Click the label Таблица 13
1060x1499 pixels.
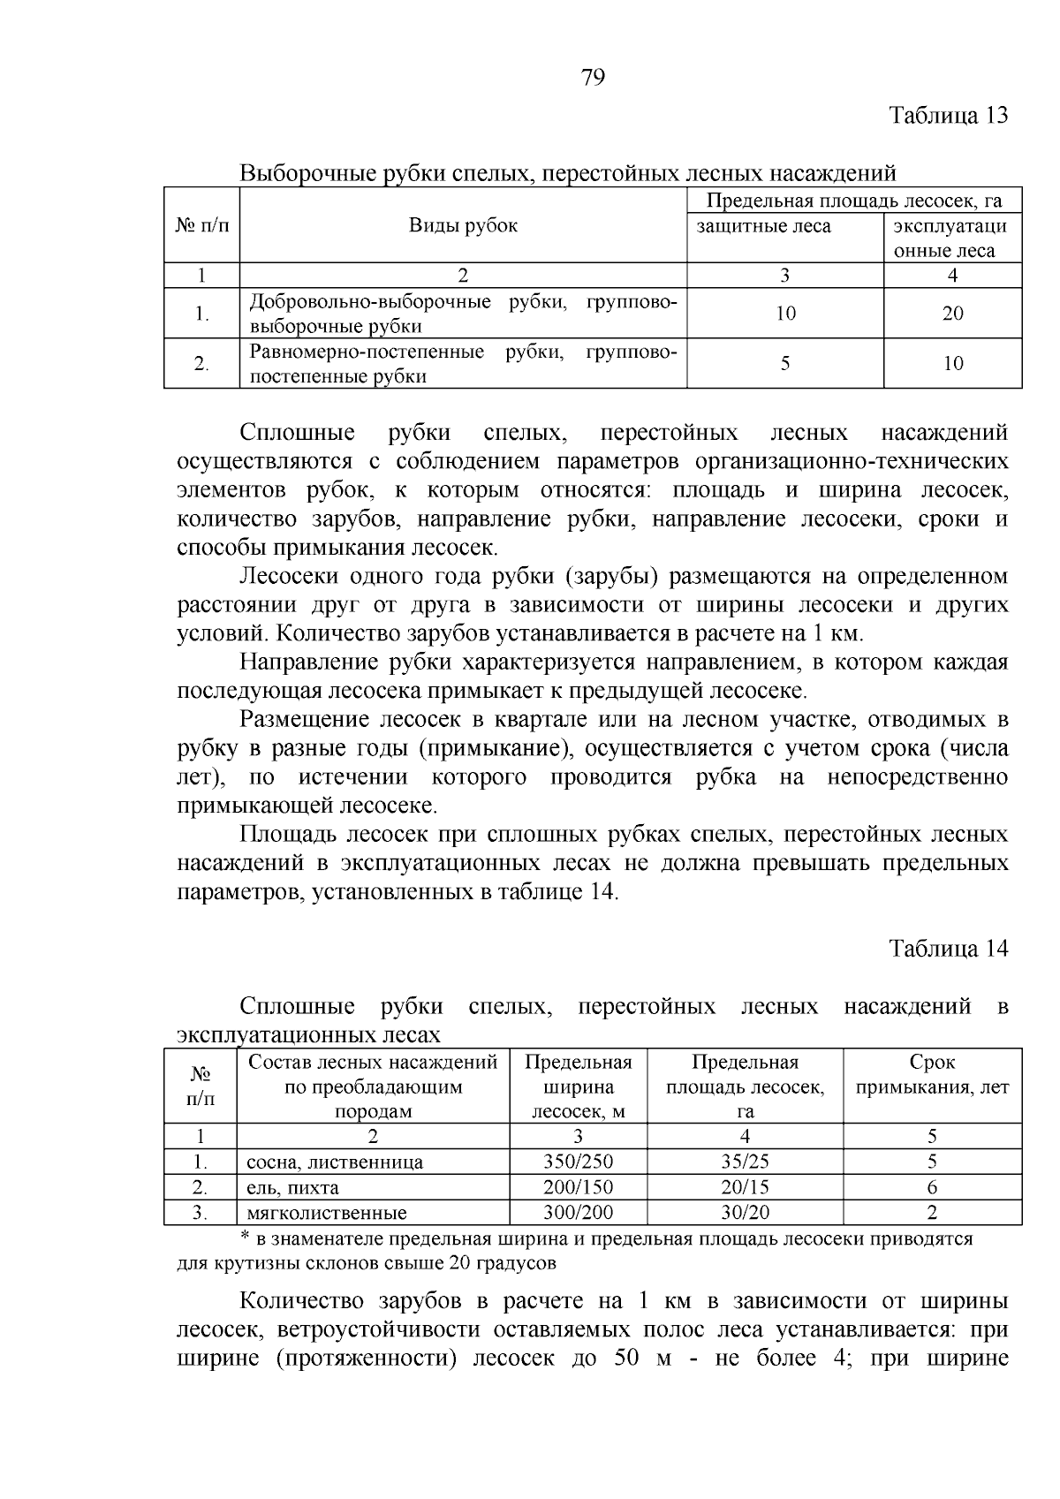pyautogui.click(x=948, y=116)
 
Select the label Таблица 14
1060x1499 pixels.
pyautogui.click(x=948, y=949)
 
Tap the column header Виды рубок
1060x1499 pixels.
pyautogui.click(x=463, y=225)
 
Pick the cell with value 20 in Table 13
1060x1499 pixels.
pyautogui.click(x=952, y=314)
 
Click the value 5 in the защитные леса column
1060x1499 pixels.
pyautogui.click(x=785, y=363)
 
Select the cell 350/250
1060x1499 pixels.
pyautogui.click(x=578, y=1162)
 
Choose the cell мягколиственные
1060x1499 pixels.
pyautogui.click(x=327, y=1213)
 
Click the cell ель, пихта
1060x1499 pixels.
pyautogui.click(x=292, y=1188)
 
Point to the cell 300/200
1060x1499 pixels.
pyautogui.click(x=578, y=1213)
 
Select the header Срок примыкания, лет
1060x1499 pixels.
pyautogui.click(x=932, y=1075)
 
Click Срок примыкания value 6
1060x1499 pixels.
pyautogui.click(x=932, y=1187)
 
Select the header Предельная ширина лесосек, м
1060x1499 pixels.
pyautogui.click(x=578, y=1086)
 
